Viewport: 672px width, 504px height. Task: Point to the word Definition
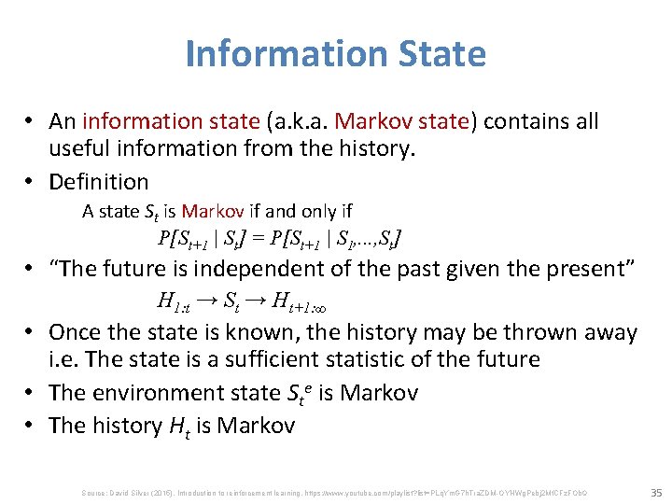pyautogui.click(x=98, y=182)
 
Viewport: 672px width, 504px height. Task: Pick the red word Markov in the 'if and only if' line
pyautogui.click(x=209, y=211)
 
